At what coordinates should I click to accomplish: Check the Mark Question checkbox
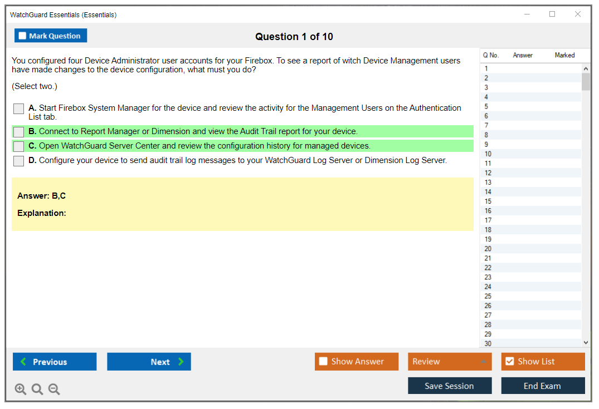[x=22, y=36]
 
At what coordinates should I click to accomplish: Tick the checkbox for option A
[x=18, y=109]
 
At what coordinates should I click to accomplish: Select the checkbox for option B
[x=18, y=132]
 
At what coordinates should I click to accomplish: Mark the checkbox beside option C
[x=18, y=146]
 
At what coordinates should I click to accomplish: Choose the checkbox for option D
[x=18, y=161]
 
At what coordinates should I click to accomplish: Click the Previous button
[x=55, y=362]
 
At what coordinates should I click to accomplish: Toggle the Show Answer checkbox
[x=323, y=361]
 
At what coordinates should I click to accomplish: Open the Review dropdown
[x=450, y=362]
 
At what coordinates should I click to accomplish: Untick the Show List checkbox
[x=510, y=361]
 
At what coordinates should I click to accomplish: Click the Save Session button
[x=450, y=386]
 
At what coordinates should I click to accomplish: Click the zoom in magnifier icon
[x=21, y=389]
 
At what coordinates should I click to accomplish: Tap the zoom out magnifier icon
[x=54, y=389]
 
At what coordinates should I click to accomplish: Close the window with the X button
[x=578, y=14]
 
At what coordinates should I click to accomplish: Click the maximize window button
[x=552, y=14]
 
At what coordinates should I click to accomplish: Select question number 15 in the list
[x=488, y=201]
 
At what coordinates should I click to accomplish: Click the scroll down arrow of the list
[x=586, y=343]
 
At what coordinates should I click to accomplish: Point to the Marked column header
[x=564, y=55]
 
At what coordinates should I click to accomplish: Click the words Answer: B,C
[x=42, y=196]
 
